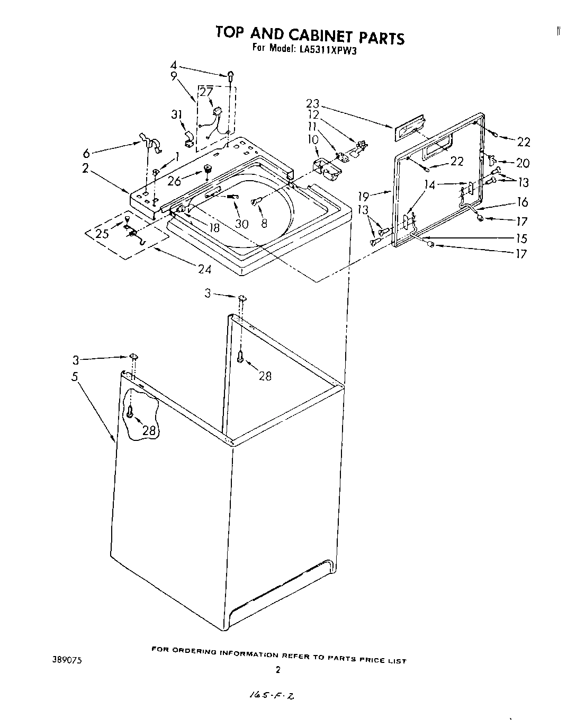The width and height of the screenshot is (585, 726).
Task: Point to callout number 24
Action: (x=204, y=269)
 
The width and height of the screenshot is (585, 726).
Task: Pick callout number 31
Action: (x=176, y=114)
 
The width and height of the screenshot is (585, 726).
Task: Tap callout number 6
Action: (x=87, y=153)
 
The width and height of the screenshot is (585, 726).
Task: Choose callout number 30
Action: (x=241, y=224)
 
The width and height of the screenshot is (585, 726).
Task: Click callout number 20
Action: (x=523, y=164)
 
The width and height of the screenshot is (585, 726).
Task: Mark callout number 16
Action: (x=523, y=202)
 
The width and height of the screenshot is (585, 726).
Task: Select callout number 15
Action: (x=522, y=238)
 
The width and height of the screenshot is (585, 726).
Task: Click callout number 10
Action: (x=313, y=139)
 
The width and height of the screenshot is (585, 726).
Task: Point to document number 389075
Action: (x=67, y=661)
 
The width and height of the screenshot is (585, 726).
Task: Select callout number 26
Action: (x=174, y=181)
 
